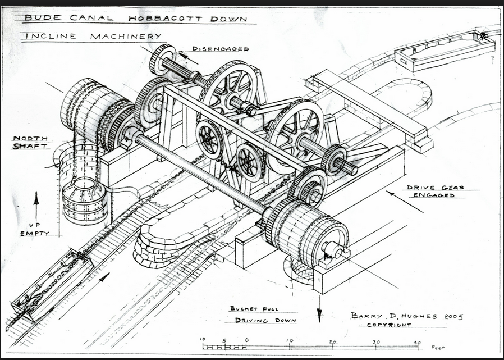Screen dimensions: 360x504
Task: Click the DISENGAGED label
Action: coord(220,49)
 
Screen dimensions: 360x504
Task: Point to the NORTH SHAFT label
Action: coord(30,142)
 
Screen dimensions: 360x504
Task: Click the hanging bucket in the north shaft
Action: coord(84,199)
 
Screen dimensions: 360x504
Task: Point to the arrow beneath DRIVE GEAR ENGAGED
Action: coord(405,202)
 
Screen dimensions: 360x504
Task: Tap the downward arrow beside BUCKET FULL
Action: coord(319,308)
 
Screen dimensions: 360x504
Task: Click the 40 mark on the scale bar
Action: coord(416,341)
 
